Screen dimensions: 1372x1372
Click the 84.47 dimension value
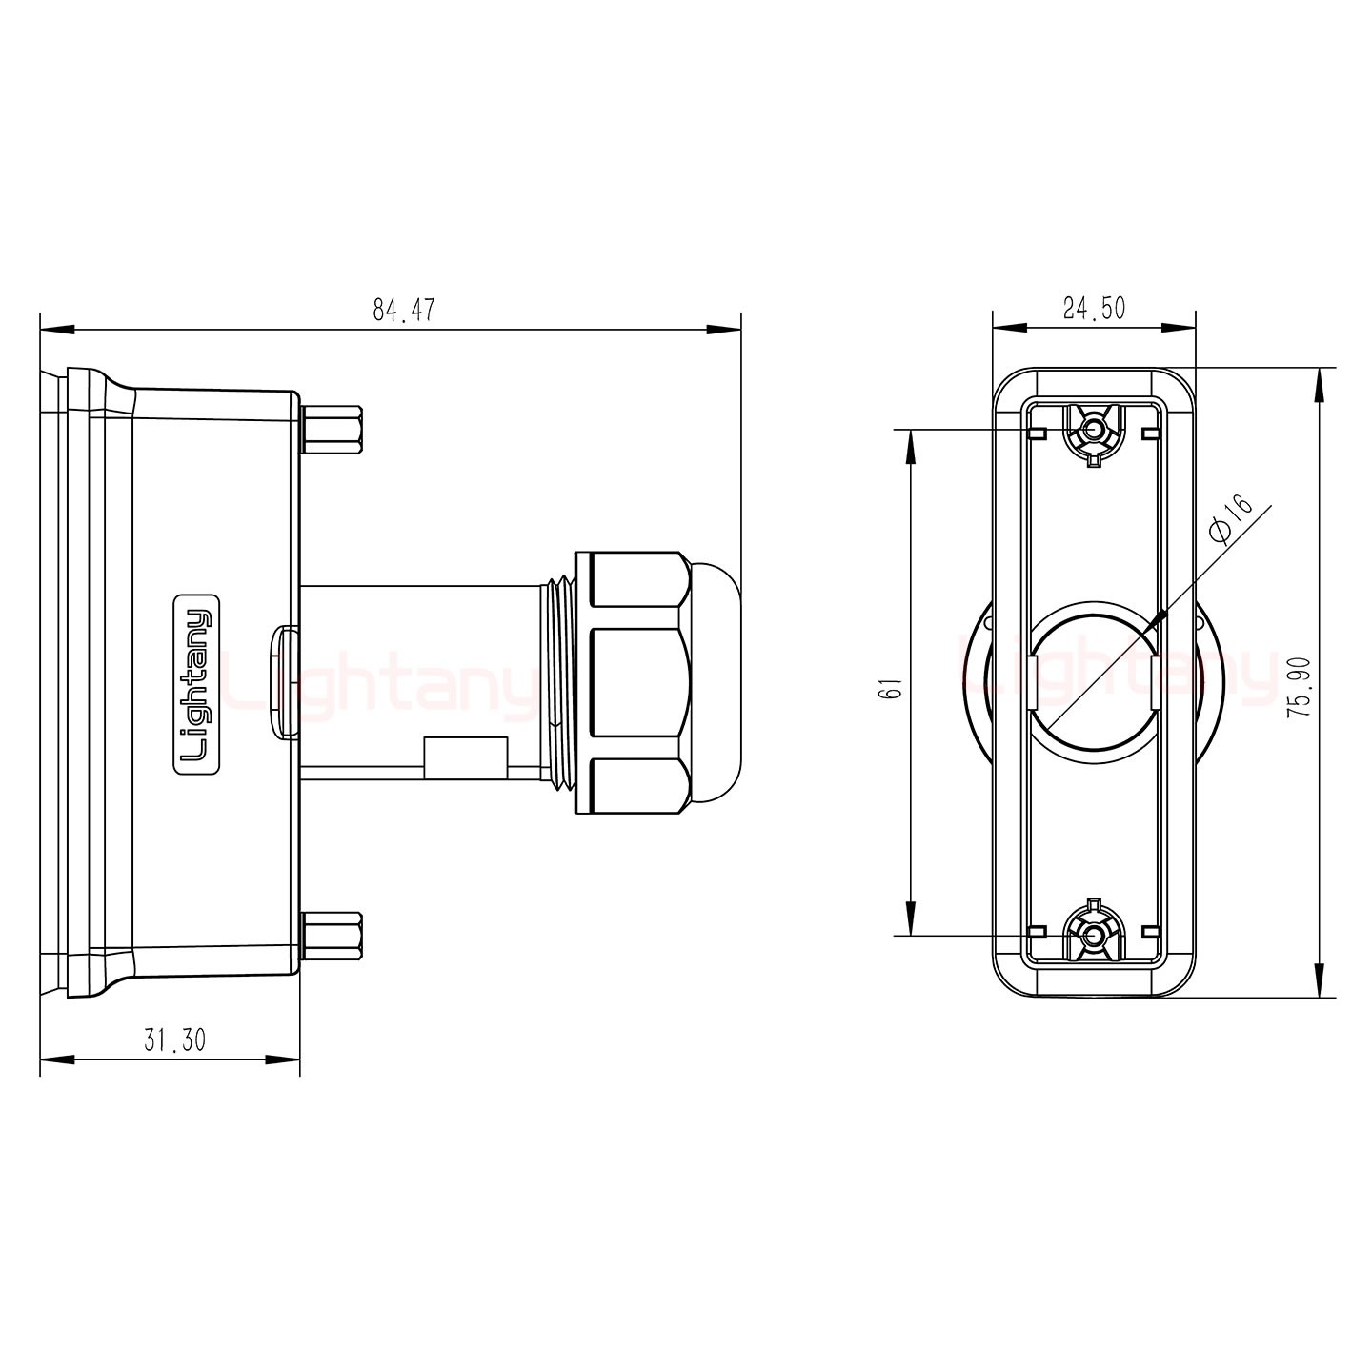404,310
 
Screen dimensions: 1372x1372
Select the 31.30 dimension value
174,1040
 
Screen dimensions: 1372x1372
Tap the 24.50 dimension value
1095,309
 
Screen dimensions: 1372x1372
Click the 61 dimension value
894,688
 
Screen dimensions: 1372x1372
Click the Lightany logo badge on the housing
196,683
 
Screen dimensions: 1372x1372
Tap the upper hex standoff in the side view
333,430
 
